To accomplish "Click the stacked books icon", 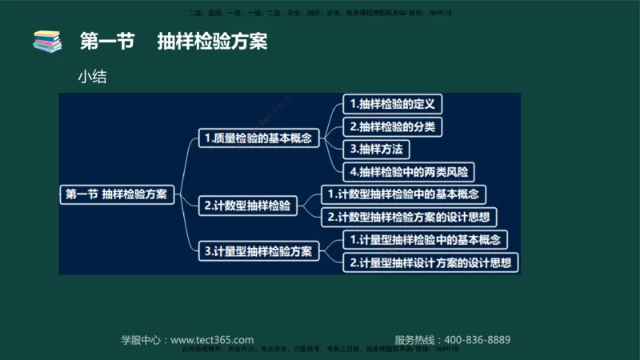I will pos(47,41).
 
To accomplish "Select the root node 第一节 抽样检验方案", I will pos(117,194).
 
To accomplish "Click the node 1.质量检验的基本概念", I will pos(259,138).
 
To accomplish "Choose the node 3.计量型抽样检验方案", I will pos(259,251).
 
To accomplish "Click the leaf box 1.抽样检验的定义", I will pos(392,104).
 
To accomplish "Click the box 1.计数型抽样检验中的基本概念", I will pos(403,194).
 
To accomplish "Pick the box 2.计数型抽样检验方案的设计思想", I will pos(409,217).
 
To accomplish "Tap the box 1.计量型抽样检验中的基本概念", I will pos(425,239).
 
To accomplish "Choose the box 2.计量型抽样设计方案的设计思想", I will pos(430,262).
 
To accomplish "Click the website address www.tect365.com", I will pos(212,339).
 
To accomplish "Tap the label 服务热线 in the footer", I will pos(417,339).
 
